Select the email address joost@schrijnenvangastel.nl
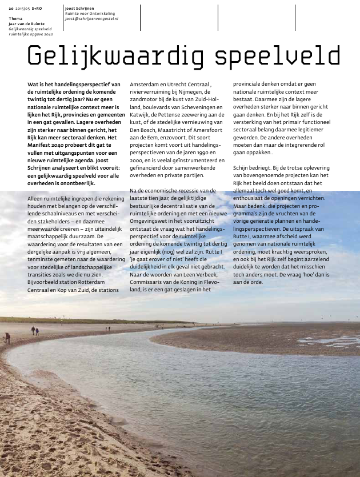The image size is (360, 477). tap(91, 19)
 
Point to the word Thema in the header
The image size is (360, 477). tap(15, 19)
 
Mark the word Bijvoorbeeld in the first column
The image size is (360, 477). tap(46, 282)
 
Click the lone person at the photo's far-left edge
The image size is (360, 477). tap(8, 338)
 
